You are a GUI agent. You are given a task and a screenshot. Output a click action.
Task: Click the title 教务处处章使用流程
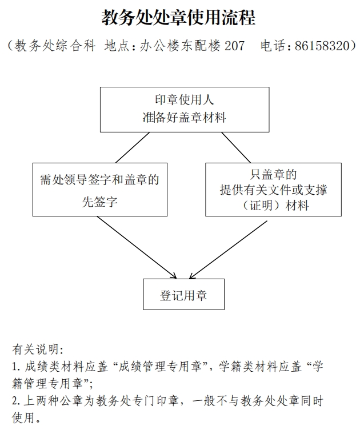[178, 17]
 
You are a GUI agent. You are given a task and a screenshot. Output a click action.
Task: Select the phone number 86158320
[323, 46]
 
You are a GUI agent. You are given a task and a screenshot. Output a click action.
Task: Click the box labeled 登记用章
[183, 294]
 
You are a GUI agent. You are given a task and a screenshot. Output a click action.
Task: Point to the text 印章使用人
[184, 100]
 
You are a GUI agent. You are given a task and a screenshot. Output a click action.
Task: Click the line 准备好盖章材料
[185, 118]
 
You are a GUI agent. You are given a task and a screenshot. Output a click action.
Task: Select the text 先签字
[99, 202]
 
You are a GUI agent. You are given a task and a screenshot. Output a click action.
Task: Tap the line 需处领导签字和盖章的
[99, 180]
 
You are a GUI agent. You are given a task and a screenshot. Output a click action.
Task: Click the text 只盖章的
[273, 175]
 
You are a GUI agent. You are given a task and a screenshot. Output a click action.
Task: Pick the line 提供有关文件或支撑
[273, 190]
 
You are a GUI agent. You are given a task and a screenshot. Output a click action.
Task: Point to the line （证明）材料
[273, 206]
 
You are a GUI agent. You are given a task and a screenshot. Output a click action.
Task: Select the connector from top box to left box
[133, 147]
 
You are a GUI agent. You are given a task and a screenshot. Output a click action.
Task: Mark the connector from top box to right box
[236, 147]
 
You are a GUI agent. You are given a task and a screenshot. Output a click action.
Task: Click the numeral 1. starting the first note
[16, 367]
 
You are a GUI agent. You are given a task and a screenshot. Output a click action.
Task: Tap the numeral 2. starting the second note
[16, 401]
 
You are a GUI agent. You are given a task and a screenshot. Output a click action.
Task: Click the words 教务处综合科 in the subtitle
[55, 46]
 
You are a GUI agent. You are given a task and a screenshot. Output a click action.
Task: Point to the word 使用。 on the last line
[26, 417]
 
